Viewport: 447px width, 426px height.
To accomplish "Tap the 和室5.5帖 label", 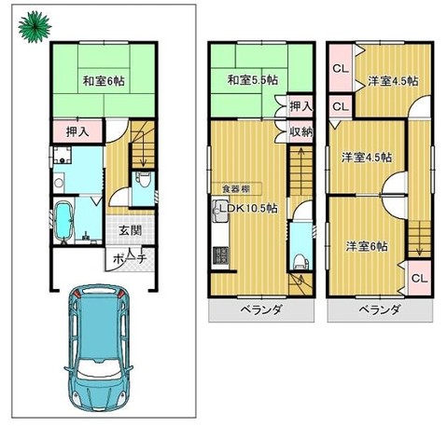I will [x=253, y=80].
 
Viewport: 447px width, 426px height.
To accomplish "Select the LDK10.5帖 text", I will [x=245, y=209].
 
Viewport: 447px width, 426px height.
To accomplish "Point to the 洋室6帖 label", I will [x=364, y=246].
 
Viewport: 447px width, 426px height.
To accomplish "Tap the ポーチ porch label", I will [x=129, y=256].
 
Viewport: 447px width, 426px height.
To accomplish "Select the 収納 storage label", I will [x=300, y=131].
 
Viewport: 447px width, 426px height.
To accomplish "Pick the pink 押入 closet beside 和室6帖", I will [x=77, y=131].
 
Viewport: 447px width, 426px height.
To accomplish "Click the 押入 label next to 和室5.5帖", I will [x=300, y=106].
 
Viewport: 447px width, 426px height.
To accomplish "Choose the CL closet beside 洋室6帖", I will [x=418, y=278].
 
